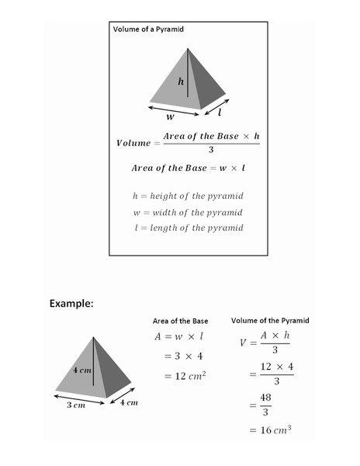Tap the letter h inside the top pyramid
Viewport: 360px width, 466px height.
click(181, 81)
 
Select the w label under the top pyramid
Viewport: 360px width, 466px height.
click(170, 118)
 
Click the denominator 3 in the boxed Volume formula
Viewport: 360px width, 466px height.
click(210, 150)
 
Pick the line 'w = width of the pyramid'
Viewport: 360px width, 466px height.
click(188, 212)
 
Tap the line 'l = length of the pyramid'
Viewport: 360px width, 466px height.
click(188, 228)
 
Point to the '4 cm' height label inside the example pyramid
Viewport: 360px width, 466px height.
click(81, 370)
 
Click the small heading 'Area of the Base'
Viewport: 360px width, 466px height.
click(180, 321)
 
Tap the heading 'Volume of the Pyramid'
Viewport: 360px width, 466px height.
click(270, 320)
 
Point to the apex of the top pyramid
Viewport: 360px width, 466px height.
click(187, 49)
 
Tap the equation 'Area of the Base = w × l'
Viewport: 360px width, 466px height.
click(189, 168)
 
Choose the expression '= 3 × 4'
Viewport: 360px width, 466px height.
click(184, 356)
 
